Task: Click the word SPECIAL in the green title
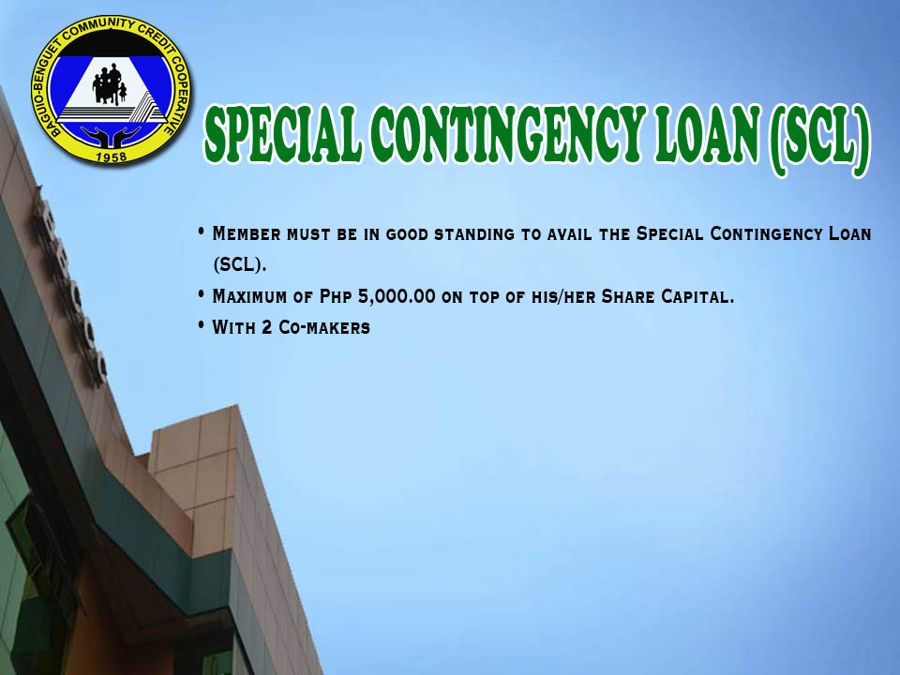pos(283,133)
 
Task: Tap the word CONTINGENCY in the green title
pos(508,133)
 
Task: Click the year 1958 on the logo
pos(111,157)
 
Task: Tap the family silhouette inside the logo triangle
pos(110,85)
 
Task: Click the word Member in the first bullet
pos(247,234)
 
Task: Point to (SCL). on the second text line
pos(240,265)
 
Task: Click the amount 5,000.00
pos(397,297)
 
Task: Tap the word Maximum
pos(249,297)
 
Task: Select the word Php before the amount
pos(336,297)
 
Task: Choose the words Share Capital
pos(667,297)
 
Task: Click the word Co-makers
pos(324,328)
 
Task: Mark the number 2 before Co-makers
pos(267,328)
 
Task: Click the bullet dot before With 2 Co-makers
pos(201,325)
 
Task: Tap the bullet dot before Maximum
pos(201,294)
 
